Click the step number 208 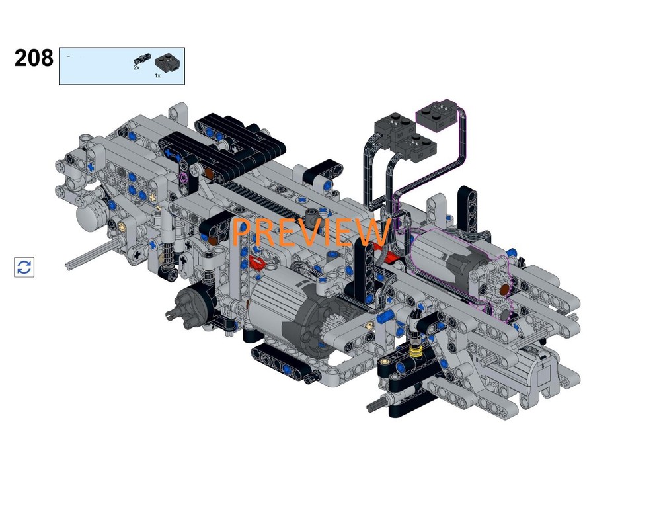34,58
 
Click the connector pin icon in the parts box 143,59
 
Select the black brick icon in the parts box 168,62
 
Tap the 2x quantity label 137,67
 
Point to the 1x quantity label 157,76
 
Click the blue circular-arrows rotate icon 24,267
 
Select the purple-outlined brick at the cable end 437,112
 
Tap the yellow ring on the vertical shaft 416,351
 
